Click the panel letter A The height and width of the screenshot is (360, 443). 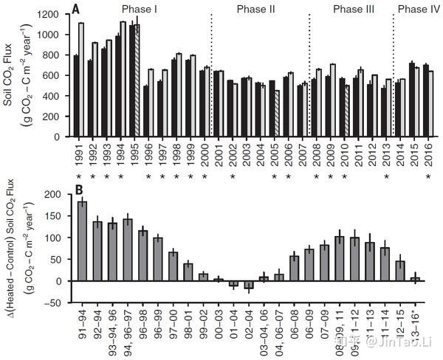click(77, 9)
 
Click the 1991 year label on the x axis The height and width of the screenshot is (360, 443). click(78, 156)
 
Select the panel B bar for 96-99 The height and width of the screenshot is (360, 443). click(158, 259)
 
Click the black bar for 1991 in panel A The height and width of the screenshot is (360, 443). click(75, 95)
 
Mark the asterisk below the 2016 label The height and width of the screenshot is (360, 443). click(429, 178)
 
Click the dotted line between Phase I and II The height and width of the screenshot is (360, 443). click(211, 74)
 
